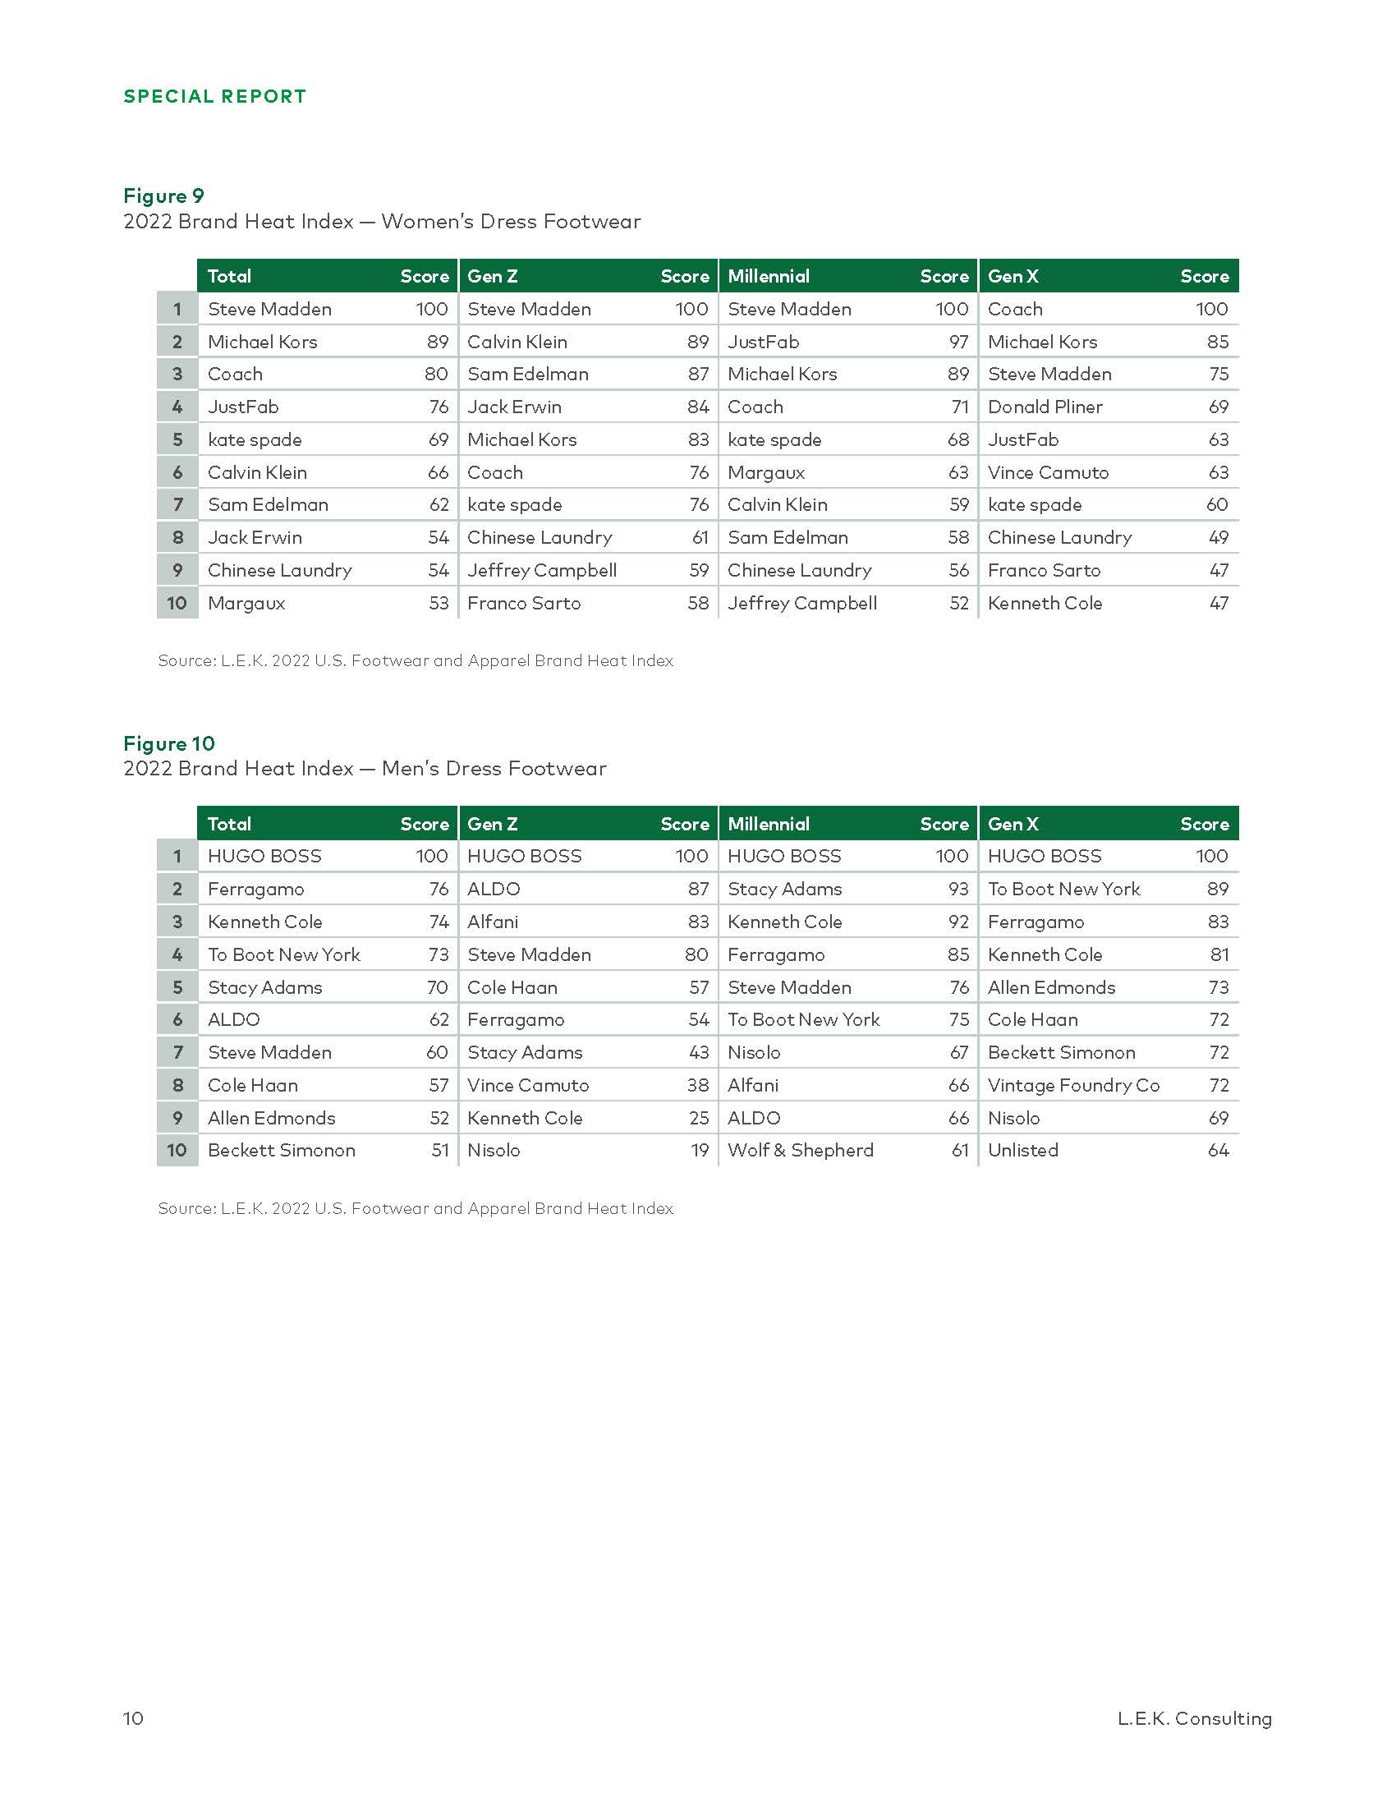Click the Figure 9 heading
(163, 195)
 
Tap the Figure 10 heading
(168, 743)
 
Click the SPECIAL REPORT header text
(215, 96)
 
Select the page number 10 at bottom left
(133, 1718)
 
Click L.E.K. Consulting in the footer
(1194, 1718)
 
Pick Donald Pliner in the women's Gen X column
(1045, 407)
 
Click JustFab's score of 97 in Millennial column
(958, 342)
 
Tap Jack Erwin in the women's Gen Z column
(513, 407)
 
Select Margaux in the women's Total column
(246, 603)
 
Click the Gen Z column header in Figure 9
(493, 276)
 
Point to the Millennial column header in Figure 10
(769, 824)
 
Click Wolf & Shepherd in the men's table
(800, 1150)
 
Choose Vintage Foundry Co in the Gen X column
(1073, 1085)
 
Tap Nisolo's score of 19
(700, 1150)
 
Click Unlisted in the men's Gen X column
(1023, 1150)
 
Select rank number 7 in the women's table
(177, 504)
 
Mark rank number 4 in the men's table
(177, 954)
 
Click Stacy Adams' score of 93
(957, 889)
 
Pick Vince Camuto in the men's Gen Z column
(528, 1085)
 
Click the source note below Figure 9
(416, 660)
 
